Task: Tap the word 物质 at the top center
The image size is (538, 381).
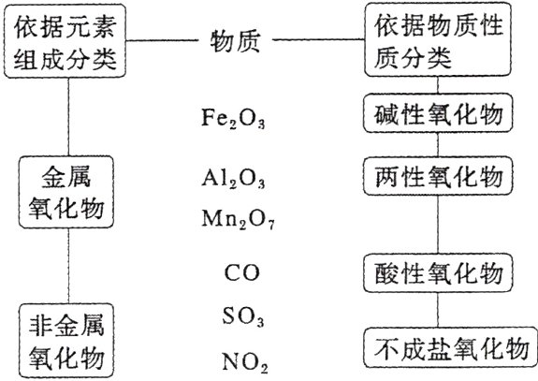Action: coord(240,41)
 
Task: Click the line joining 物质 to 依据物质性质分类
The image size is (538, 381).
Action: coord(324,41)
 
